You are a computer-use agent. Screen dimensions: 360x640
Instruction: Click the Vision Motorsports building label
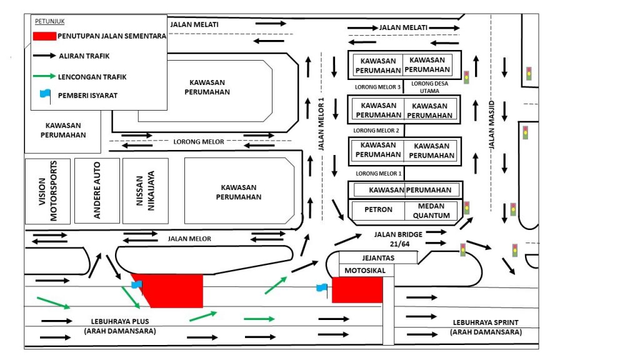click(48, 191)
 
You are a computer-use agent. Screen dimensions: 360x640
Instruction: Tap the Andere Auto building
click(97, 191)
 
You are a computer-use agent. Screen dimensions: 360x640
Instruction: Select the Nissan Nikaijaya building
click(146, 191)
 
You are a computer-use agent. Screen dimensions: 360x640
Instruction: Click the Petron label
click(378, 209)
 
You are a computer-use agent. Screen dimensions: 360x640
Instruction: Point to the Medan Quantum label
click(431, 211)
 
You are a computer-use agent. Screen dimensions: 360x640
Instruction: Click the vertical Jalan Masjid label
click(492, 124)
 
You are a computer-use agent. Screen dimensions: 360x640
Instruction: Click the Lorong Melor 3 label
click(377, 87)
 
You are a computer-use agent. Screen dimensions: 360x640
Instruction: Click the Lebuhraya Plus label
click(119, 326)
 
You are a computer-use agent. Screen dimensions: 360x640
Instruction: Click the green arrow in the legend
click(43, 76)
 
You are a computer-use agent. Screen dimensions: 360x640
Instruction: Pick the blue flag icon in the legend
click(44, 95)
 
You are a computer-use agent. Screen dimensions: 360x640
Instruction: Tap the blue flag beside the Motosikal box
click(321, 288)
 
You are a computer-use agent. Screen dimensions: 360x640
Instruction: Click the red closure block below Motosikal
click(357, 291)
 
